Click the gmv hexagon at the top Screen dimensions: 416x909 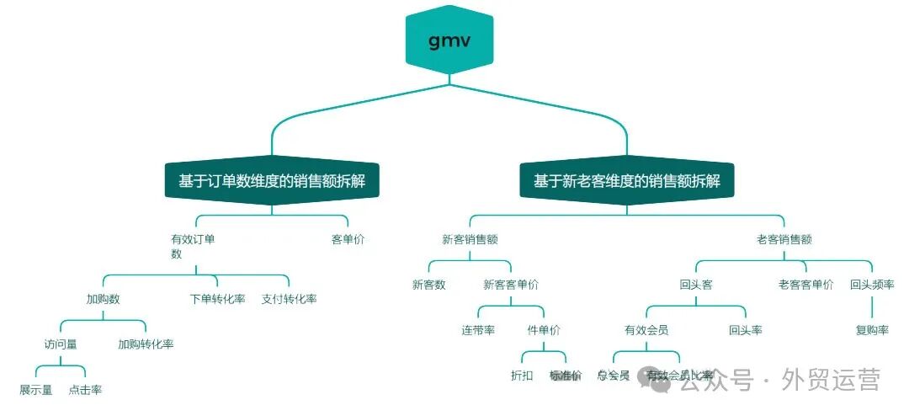[x=449, y=40]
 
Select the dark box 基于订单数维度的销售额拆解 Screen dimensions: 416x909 [x=272, y=181]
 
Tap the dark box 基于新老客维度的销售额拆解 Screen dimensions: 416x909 [x=626, y=181]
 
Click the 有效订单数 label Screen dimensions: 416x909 [x=193, y=246]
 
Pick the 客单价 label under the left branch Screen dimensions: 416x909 [x=348, y=239]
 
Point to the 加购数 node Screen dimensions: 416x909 [x=103, y=299]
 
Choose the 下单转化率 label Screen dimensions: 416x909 [x=217, y=299]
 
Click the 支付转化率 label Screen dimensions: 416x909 [x=289, y=299]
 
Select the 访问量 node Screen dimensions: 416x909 [x=61, y=344]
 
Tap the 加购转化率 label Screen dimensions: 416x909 [x=146, y=344]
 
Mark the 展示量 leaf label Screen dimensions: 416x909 [x=36, y=389]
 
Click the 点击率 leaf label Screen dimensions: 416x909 [x=85, y=389]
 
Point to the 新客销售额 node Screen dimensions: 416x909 [x=470, y=239]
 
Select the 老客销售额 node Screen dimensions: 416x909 [x=784, y=239]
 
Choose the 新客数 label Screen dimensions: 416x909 [x=428, y=285]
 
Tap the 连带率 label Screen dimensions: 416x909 [x=478, y=330]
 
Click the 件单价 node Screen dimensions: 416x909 [x=544, y=330]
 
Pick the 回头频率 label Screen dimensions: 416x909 [x=872, y=285]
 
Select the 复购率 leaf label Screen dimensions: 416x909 [x=872, y=330]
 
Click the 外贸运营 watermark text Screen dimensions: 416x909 [x=831, y=380]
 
